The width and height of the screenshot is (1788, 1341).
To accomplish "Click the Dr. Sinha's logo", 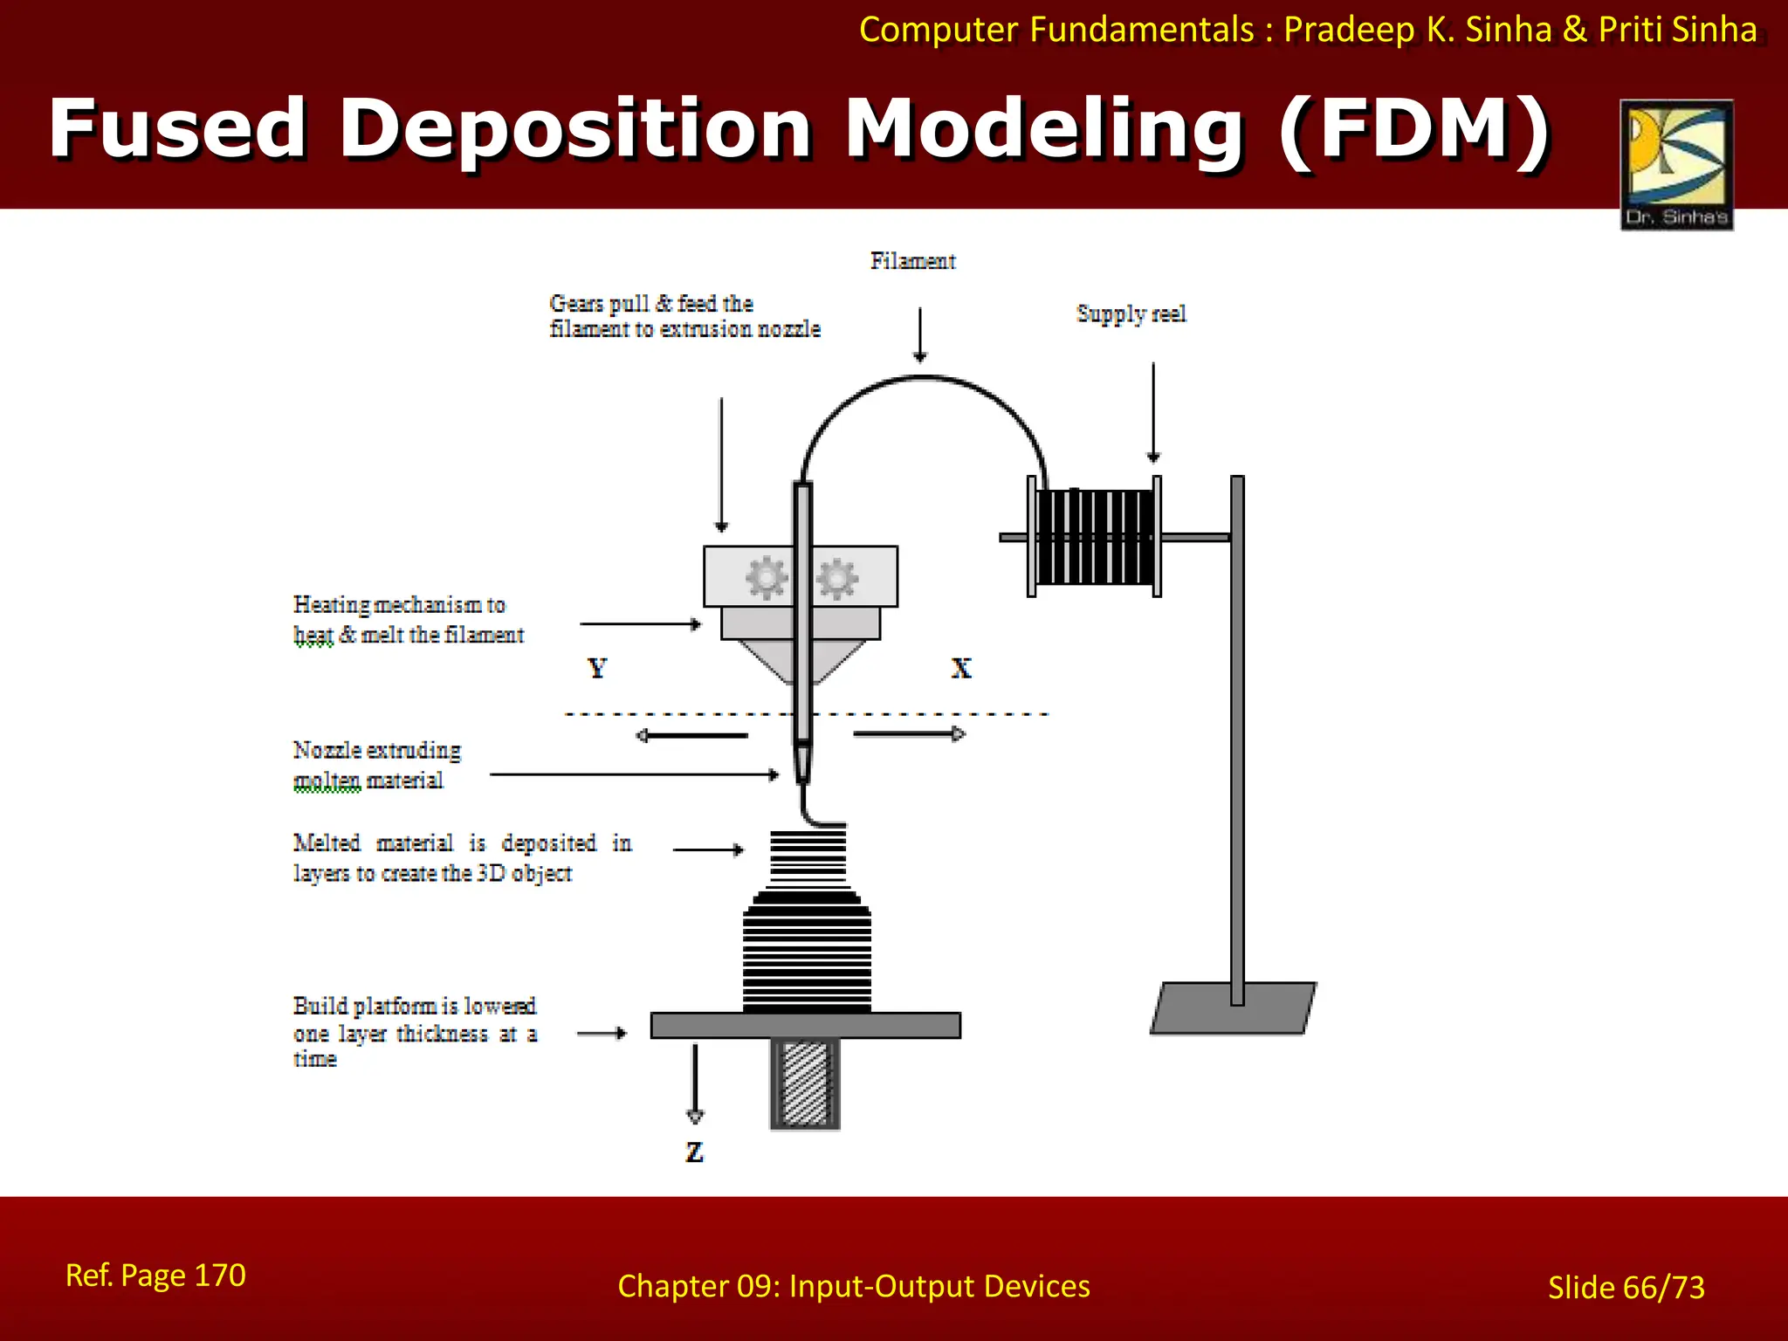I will (1676, 164).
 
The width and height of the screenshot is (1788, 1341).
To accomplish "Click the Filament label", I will (912, 261).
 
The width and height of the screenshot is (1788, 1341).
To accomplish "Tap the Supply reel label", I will (1131, 313).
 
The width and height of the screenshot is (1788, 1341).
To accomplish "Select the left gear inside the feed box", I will (766, 577).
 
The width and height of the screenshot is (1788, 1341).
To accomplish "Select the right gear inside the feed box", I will (837, 578).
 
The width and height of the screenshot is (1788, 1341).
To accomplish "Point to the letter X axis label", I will (960, 669).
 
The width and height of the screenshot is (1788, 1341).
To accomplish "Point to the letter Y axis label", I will (597, 669).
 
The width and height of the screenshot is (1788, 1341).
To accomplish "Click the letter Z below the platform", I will (694, 1152).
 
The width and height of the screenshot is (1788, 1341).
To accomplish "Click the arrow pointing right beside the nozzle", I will (909, 734).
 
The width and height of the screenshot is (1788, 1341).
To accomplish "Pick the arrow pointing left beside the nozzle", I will (691, 735).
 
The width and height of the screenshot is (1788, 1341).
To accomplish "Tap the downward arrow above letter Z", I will (695, 1083).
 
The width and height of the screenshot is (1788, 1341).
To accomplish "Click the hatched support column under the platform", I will (805, 1083).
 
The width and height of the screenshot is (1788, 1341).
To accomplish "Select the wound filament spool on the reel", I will (1095, 537).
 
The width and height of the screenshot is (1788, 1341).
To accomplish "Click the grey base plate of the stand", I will (1233, 1008).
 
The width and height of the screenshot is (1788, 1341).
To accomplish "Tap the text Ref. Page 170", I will (155, 1276).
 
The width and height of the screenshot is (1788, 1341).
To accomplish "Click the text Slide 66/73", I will (1626, 1288).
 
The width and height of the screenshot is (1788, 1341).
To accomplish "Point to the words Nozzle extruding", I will (376, 750).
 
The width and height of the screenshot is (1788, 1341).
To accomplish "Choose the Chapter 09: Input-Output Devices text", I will (853, 1286).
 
